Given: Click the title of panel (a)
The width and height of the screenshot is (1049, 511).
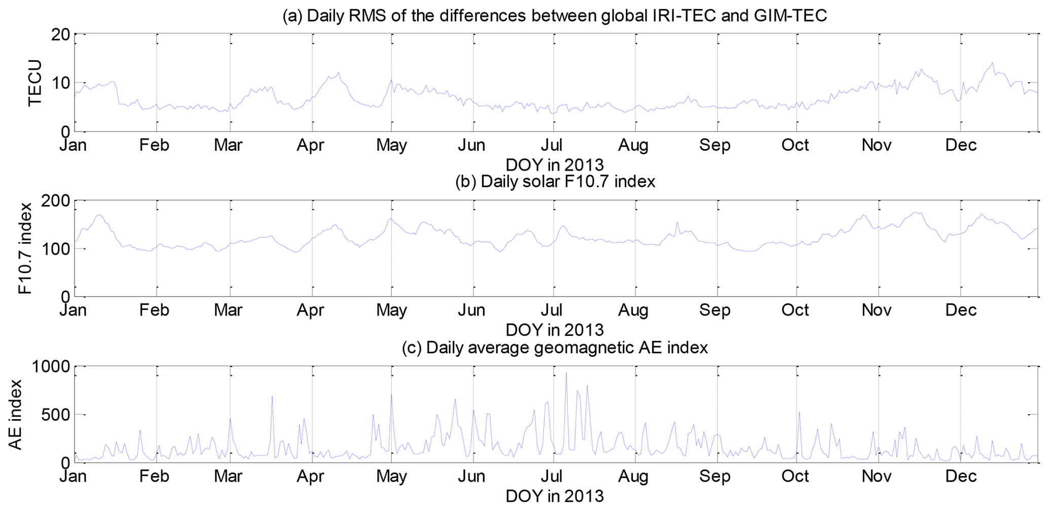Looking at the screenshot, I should coord(555,16).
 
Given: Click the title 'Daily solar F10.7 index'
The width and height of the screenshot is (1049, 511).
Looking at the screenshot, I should coord(555,181).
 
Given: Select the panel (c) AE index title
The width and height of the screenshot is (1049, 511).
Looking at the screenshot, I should coord(555,348).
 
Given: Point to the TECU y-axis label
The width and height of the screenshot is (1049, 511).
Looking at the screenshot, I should coord(35,83).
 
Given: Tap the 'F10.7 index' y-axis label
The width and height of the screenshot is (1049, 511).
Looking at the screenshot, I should coord(25,248).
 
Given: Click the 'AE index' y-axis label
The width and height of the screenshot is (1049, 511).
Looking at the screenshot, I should coord(16,414).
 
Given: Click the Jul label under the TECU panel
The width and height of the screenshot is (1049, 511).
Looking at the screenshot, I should coord(552,145).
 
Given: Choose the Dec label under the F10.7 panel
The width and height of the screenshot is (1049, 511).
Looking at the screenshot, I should coord(961,310).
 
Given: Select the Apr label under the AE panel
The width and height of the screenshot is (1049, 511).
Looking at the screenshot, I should coord(310,476).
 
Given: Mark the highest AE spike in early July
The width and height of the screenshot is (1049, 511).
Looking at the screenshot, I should coord(566,373).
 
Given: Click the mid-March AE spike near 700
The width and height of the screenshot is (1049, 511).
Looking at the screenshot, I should coord(272,396).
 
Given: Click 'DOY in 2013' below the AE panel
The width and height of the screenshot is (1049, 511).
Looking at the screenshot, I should coord(555,495).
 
